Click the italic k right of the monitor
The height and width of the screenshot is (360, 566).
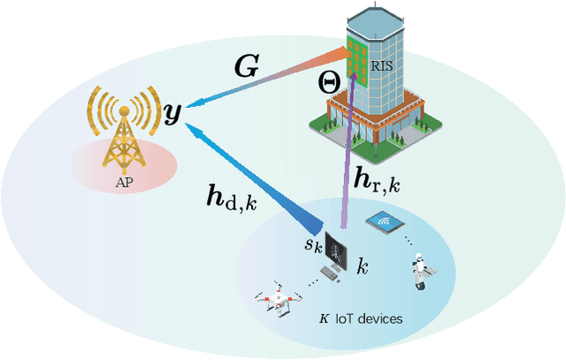tap(361, 264)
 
